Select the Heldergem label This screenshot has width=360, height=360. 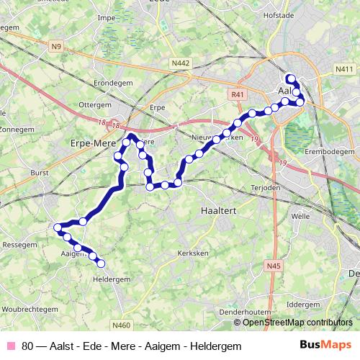pyautogui.click(x=112, y=279)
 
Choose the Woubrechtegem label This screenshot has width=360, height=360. pyautogui.click(x=30, y=308)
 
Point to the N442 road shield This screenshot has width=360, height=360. pyautogui.click(x=181, y=63)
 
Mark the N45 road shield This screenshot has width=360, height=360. pyautogui.click(x=273, y=266)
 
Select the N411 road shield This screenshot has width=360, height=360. pyautogui.click(x=343, y=68)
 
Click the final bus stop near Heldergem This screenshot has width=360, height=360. pyautogui.click(x=101, y=263)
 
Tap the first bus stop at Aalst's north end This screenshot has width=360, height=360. pyautogui.click(x=290, y=78)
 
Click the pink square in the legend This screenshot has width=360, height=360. pyautogui.click(x=11, y=346)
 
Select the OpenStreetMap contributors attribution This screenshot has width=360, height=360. pyautogui.click(x=297, y=322)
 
